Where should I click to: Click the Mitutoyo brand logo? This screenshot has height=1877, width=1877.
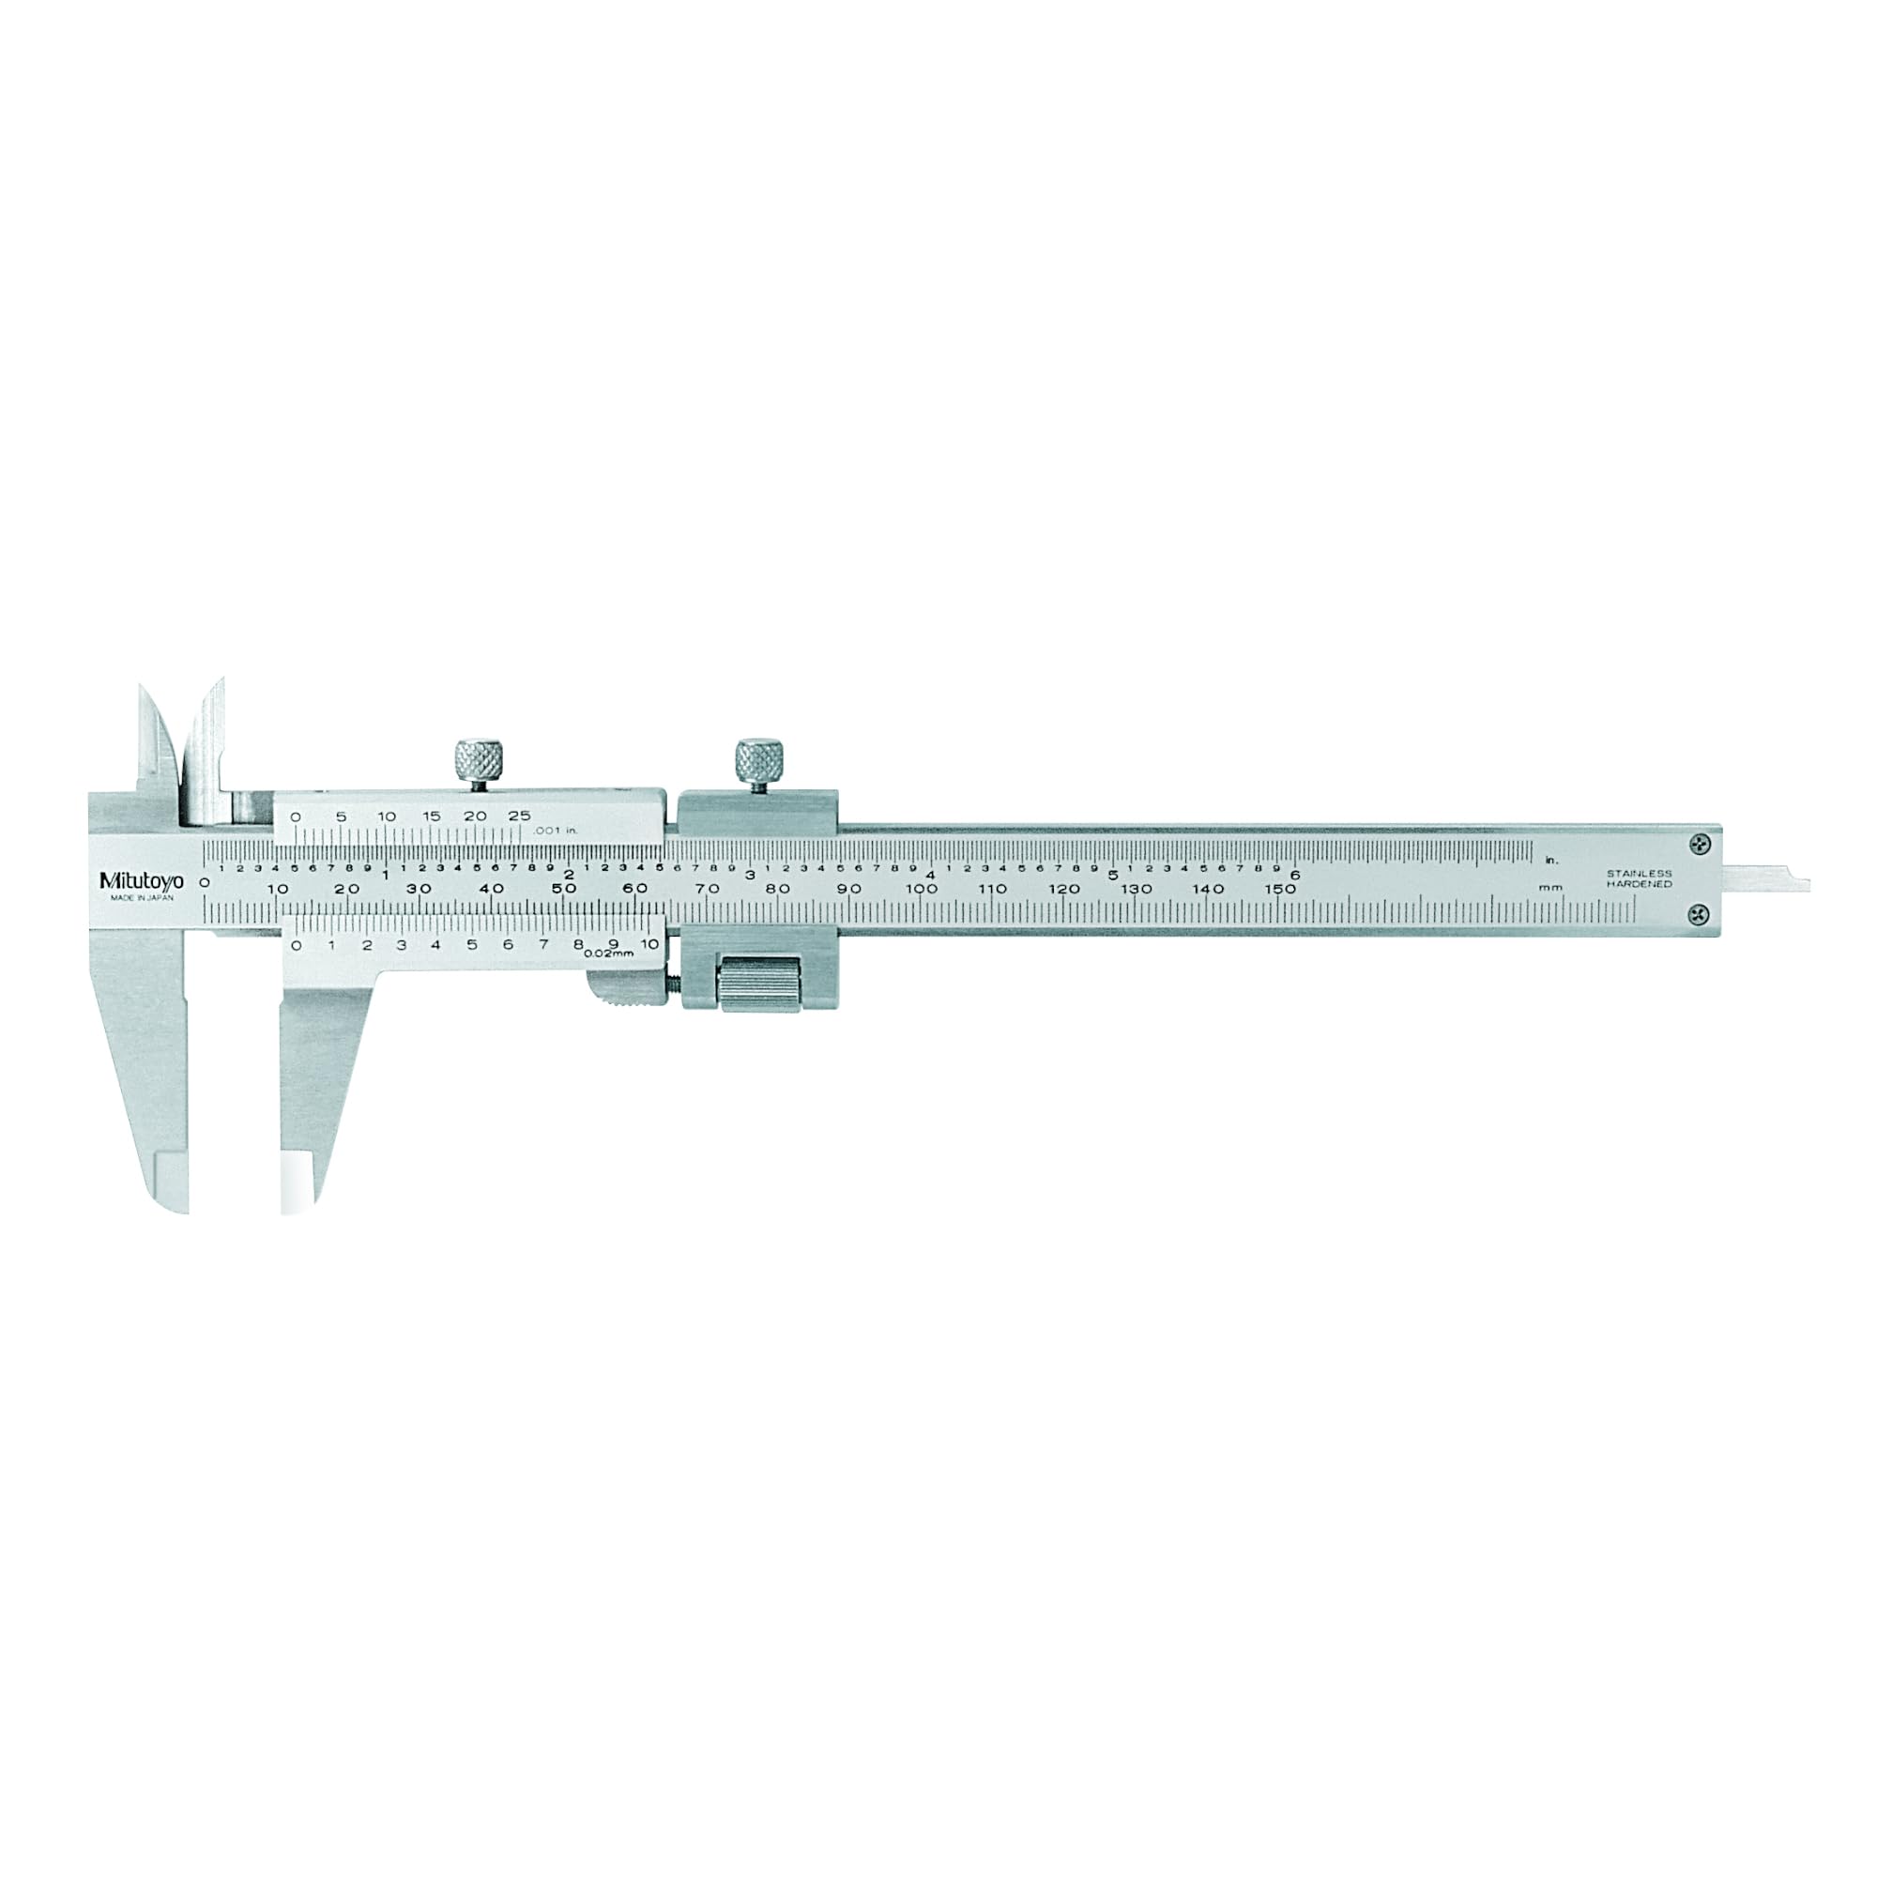[141, 881]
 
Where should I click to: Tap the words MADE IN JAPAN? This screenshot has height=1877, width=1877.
[141, 899]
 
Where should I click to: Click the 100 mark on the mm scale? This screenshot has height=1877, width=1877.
[921, 889]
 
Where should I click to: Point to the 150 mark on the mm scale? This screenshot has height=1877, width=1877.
[1279, 889]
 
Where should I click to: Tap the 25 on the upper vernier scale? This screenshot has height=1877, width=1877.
[520, 816]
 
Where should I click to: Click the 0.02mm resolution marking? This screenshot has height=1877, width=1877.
[609, 954]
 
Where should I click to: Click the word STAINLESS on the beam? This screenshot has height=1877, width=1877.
[1639, 875]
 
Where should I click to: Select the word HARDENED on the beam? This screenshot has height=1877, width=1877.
[1639, 885]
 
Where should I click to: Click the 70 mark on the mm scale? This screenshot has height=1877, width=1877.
[708, 889]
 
